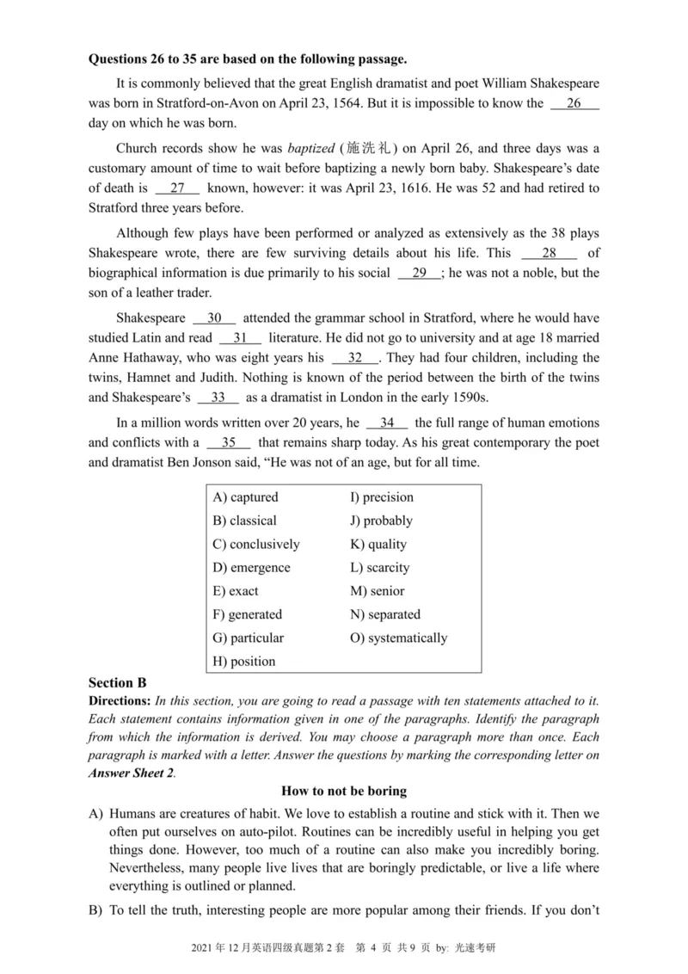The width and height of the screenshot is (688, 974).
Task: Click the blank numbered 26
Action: point(574,104)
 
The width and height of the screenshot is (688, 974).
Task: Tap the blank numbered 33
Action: point(218,398)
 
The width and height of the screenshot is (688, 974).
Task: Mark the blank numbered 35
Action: point(228,443)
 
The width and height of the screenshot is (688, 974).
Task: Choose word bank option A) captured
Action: point(245,497)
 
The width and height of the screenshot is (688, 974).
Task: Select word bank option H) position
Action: point(243,662)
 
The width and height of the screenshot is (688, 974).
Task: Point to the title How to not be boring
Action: point(344,791)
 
